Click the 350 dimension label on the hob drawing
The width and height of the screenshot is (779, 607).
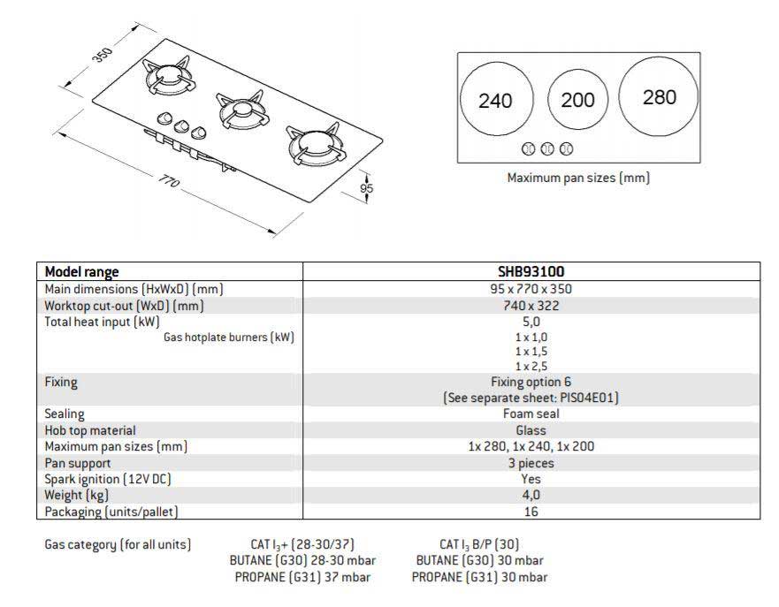click(x=103, y=54)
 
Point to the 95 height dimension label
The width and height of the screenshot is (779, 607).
click(x=366, y=188)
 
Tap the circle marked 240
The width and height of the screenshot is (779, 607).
click(x=496, y=99)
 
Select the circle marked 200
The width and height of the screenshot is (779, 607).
click(x=577, y=99)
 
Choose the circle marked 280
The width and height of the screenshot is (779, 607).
click(x=659, y=96)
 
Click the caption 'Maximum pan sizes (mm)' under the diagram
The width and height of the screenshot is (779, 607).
click(x=578, y=178)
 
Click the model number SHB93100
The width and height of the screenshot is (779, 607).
click(x=531, y=271)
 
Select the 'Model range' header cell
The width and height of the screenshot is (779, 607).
click(x=81, y=272)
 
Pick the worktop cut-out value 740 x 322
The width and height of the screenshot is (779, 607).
click(x=531, y=306)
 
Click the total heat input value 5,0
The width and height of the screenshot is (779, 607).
click(x=531, y=322)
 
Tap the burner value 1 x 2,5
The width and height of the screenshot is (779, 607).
click(x=531, y=367)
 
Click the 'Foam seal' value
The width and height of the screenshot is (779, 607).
click(x=531, y=414)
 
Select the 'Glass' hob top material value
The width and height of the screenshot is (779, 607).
click(x=531, y=430)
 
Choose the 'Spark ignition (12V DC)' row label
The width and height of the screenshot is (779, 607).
click(x=108, y=480)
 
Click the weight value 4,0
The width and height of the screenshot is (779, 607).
click(x=531, y=495)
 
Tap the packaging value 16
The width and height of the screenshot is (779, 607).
click(x=531, y=512)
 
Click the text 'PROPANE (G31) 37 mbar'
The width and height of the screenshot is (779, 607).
click(x=302, y=577)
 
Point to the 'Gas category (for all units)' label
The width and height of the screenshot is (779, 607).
click(x=118, y=544)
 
